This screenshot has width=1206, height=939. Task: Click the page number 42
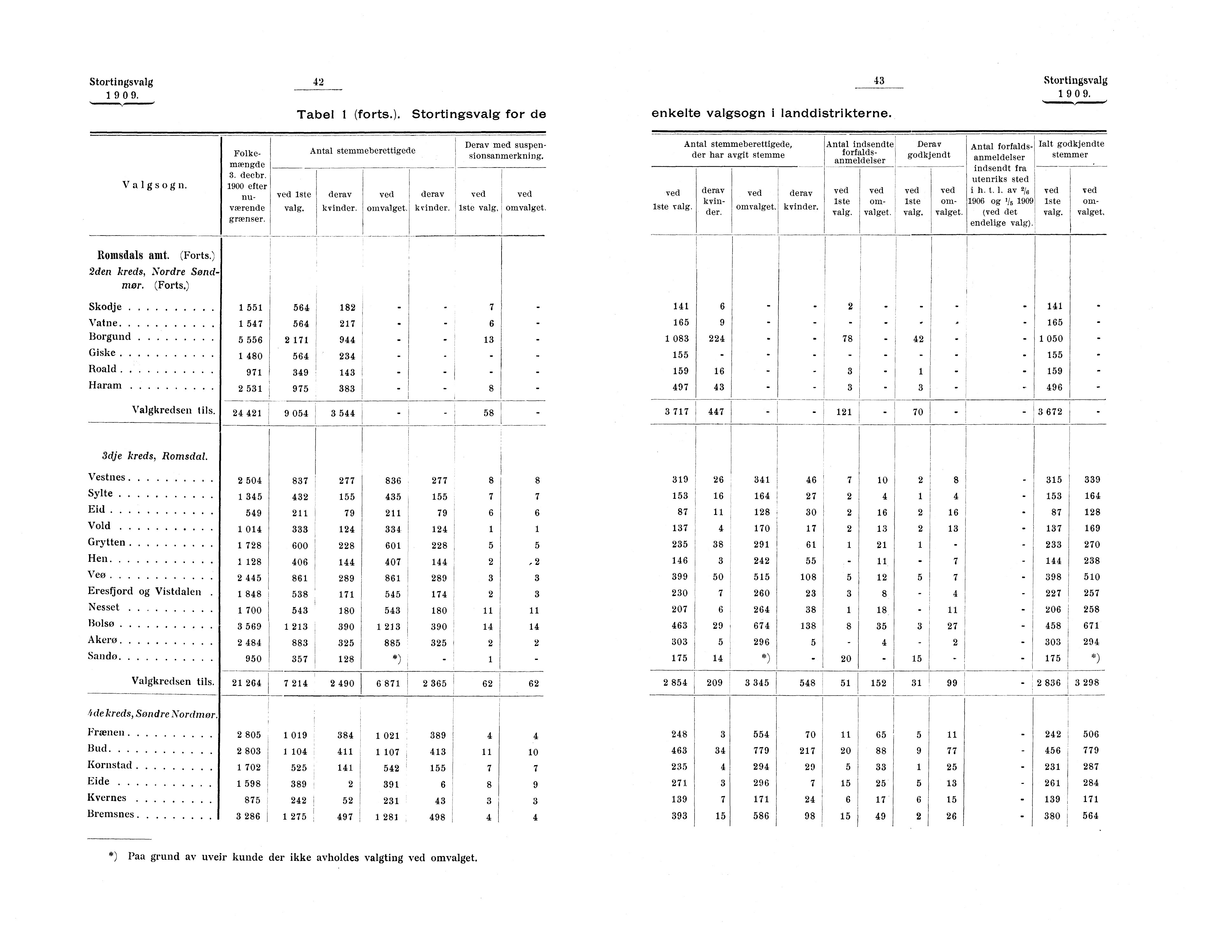click(x=318, y=82)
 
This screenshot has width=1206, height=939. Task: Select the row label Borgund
click(x=110, y=337)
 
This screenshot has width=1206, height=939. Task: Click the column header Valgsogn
click(x=155, y=185)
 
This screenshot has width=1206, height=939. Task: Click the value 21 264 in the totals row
click(x=246, y=683)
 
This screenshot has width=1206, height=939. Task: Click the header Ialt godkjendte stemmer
click(x=1071, y=149)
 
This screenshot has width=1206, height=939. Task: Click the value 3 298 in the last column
click(x=1087, y=682)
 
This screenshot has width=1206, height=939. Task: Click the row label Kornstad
click(x=110, y=765)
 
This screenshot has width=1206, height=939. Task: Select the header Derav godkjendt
click(x=929, y=149)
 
